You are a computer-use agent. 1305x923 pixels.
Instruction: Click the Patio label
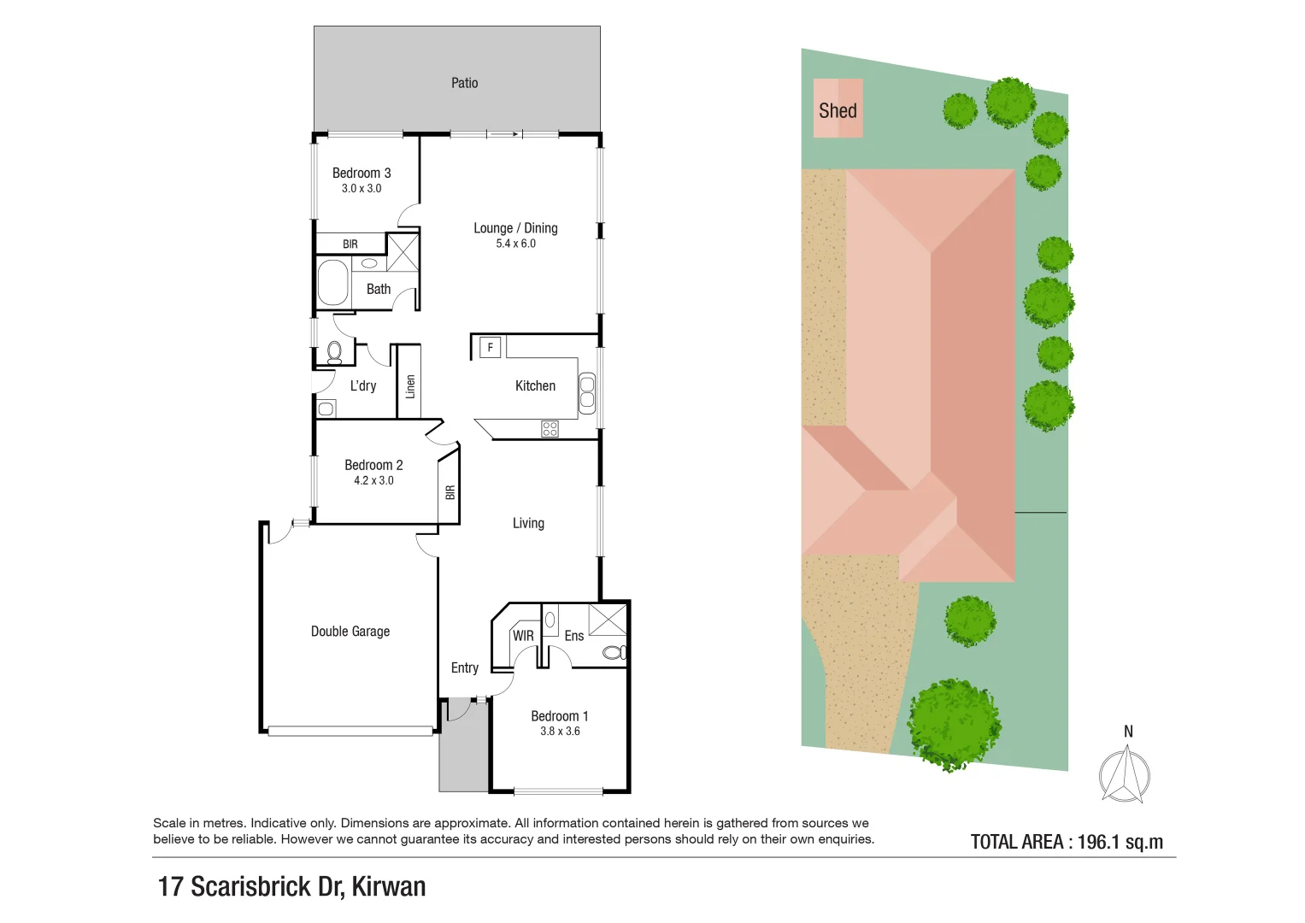[464, 83]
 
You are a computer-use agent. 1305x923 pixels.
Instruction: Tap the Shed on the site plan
[838, 109]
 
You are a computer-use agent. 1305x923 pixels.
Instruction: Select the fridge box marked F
[490, 347]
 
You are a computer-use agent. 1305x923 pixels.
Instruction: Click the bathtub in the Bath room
[333, 283]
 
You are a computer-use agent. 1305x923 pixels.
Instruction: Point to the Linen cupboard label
[410, 387]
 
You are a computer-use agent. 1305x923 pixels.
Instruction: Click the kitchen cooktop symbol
[550, 429]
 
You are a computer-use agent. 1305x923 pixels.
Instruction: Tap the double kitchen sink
[587, 393]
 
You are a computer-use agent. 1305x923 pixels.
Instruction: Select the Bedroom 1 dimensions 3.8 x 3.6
[560, 732]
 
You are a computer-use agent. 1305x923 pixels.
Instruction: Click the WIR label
[523, 636]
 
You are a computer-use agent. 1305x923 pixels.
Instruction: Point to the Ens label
[573, 636]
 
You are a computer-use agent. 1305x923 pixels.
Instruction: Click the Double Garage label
[350, 632]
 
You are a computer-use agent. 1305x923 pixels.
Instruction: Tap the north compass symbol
[1125, 774]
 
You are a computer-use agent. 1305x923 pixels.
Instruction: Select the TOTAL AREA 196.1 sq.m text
[1067, 842]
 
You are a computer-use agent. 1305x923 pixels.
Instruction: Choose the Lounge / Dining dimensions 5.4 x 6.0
[515, 244]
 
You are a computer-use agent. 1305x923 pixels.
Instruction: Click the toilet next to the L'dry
[334, 351]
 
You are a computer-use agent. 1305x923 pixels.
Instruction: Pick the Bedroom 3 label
[362, 173]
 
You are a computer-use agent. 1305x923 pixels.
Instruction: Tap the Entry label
[464, 667]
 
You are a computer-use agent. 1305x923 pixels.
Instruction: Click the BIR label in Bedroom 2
[450, 492]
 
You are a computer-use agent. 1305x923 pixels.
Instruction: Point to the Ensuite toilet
[614, 653]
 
